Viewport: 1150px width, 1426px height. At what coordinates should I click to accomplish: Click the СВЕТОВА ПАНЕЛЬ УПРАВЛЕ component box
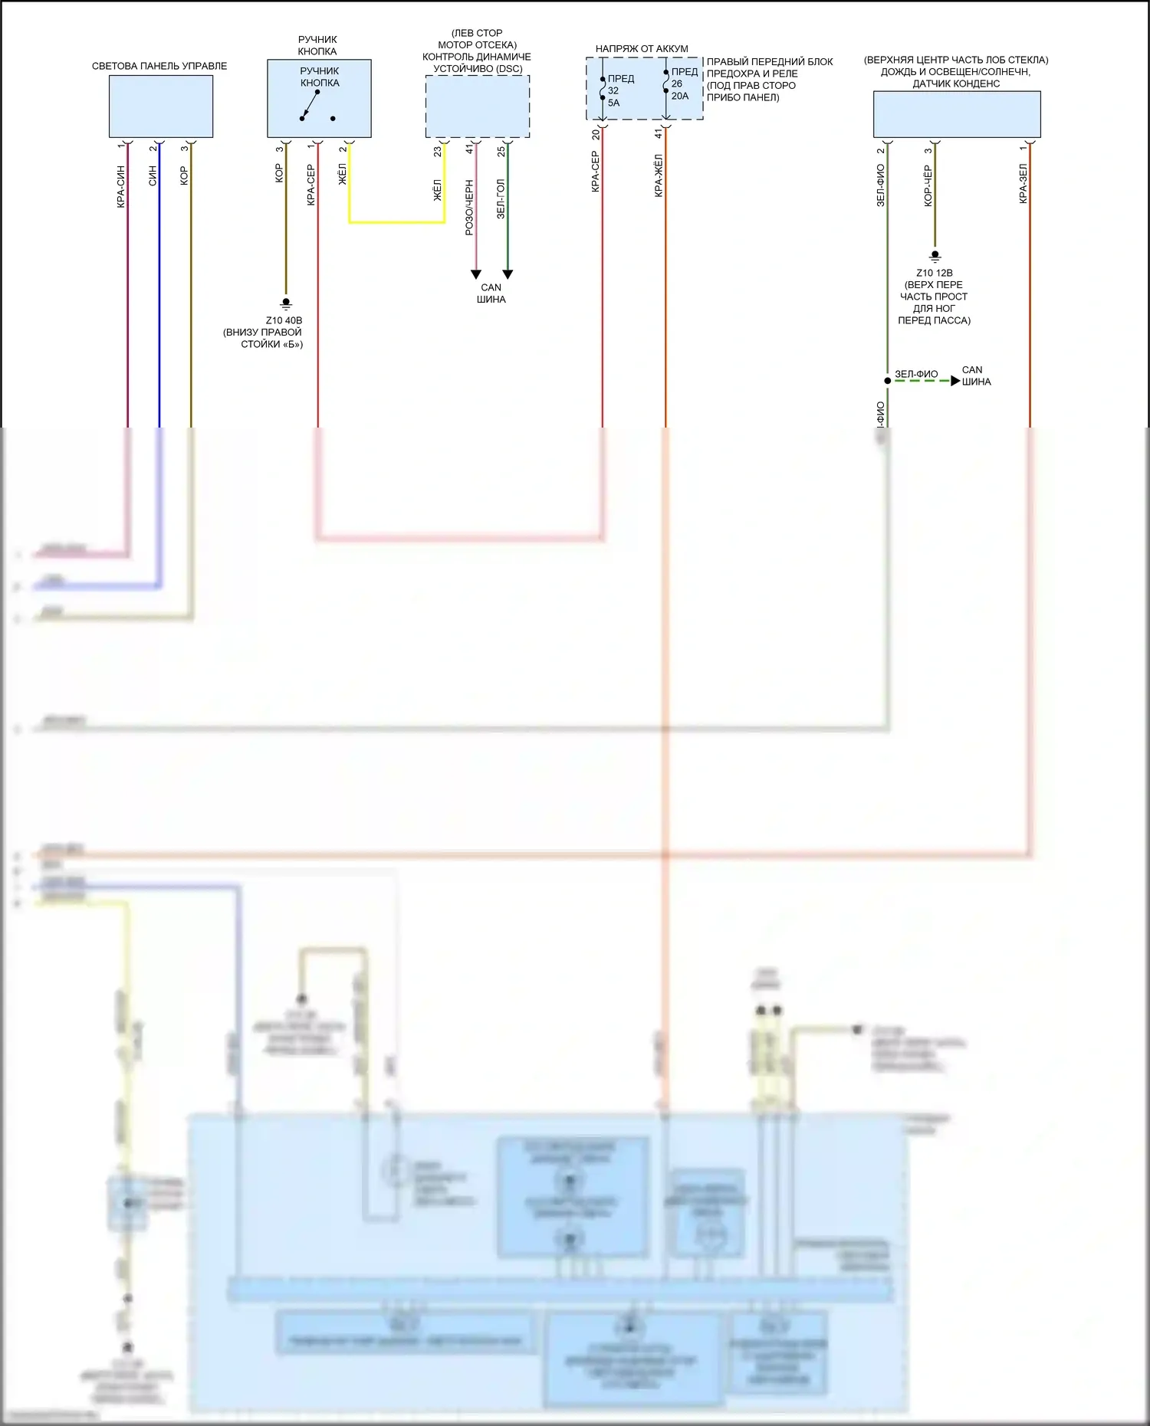click(160, 107)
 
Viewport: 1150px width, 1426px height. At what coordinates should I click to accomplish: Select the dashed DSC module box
click(477, 107)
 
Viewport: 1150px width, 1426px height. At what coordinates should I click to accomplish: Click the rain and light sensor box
click(956, 114)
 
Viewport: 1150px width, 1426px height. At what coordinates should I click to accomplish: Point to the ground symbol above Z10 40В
click(286, 304)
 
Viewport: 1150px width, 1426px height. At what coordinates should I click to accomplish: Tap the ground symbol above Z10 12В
click(934, 257)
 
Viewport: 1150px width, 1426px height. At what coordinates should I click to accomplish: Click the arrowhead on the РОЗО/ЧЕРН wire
click(475, 274)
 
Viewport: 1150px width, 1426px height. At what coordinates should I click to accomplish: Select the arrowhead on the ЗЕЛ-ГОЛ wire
click(507, 274)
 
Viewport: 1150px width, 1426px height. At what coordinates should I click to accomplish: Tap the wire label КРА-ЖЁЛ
click(659, 175)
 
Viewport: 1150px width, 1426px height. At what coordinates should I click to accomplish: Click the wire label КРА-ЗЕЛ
click(1023, 183)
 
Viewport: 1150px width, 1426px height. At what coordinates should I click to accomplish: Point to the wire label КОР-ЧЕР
click(928, 185)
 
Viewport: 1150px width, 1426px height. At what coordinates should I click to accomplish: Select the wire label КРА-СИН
click(121, 187)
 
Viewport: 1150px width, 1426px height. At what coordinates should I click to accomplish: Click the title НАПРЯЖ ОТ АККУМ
click(642, 48)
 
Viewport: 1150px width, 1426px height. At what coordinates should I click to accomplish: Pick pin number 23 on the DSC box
click(438, 151)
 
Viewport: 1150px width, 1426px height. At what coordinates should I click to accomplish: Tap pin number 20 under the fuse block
click(596, 134)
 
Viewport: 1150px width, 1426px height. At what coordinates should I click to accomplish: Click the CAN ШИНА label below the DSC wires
click(491, 293)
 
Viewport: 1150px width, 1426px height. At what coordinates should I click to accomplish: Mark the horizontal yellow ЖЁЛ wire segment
click(397, 222)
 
